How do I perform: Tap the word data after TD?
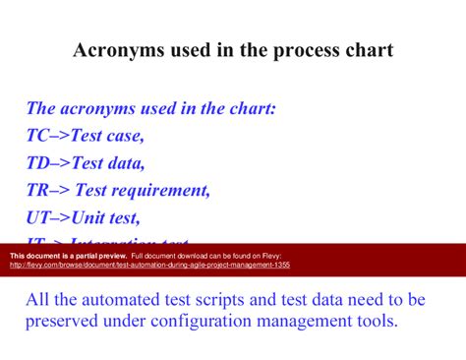point(125,162)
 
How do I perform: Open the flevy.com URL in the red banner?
point(147,265)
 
